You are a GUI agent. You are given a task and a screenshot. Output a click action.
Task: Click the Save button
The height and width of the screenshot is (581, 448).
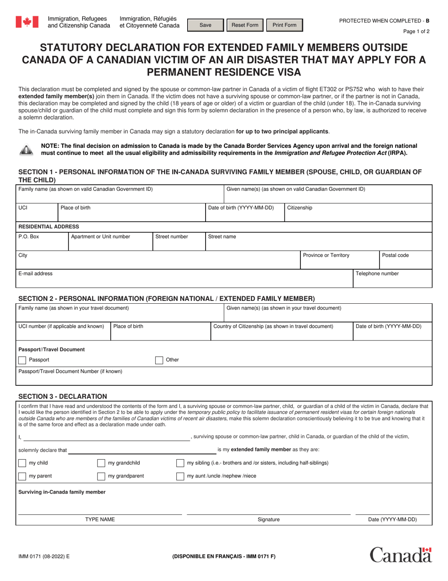point(205,26)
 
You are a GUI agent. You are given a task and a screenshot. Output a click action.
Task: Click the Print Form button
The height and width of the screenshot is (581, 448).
point(284,26)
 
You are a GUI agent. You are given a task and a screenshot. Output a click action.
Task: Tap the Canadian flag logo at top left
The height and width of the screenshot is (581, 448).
point(24,22)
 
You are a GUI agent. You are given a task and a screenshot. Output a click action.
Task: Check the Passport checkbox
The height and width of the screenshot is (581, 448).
point(22,360)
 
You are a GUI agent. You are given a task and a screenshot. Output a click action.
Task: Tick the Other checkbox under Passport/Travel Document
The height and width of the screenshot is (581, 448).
point(159,360)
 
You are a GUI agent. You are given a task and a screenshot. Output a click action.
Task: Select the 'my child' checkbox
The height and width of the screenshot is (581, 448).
point(22,463)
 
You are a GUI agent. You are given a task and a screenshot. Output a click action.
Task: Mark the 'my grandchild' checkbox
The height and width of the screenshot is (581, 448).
point(101,463)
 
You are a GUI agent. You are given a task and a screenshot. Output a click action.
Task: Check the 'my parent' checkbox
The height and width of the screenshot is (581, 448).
point(22,476)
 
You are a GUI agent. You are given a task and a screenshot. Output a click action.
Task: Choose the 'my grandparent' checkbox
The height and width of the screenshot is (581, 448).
point(101,476)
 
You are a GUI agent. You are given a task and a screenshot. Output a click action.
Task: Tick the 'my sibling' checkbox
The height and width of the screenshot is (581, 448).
point(180,463)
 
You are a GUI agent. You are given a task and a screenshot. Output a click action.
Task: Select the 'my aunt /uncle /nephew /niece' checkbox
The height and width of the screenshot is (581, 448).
point(180,476)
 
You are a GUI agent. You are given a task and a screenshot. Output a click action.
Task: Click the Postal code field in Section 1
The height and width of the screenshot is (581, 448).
point(405,263)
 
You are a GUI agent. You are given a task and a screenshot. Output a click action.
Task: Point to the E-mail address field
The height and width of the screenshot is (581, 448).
point(184,282)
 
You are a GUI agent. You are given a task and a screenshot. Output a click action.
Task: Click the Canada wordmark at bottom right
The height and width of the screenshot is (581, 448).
point(400,555)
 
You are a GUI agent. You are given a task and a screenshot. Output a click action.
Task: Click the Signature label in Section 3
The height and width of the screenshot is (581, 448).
point(268,520)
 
